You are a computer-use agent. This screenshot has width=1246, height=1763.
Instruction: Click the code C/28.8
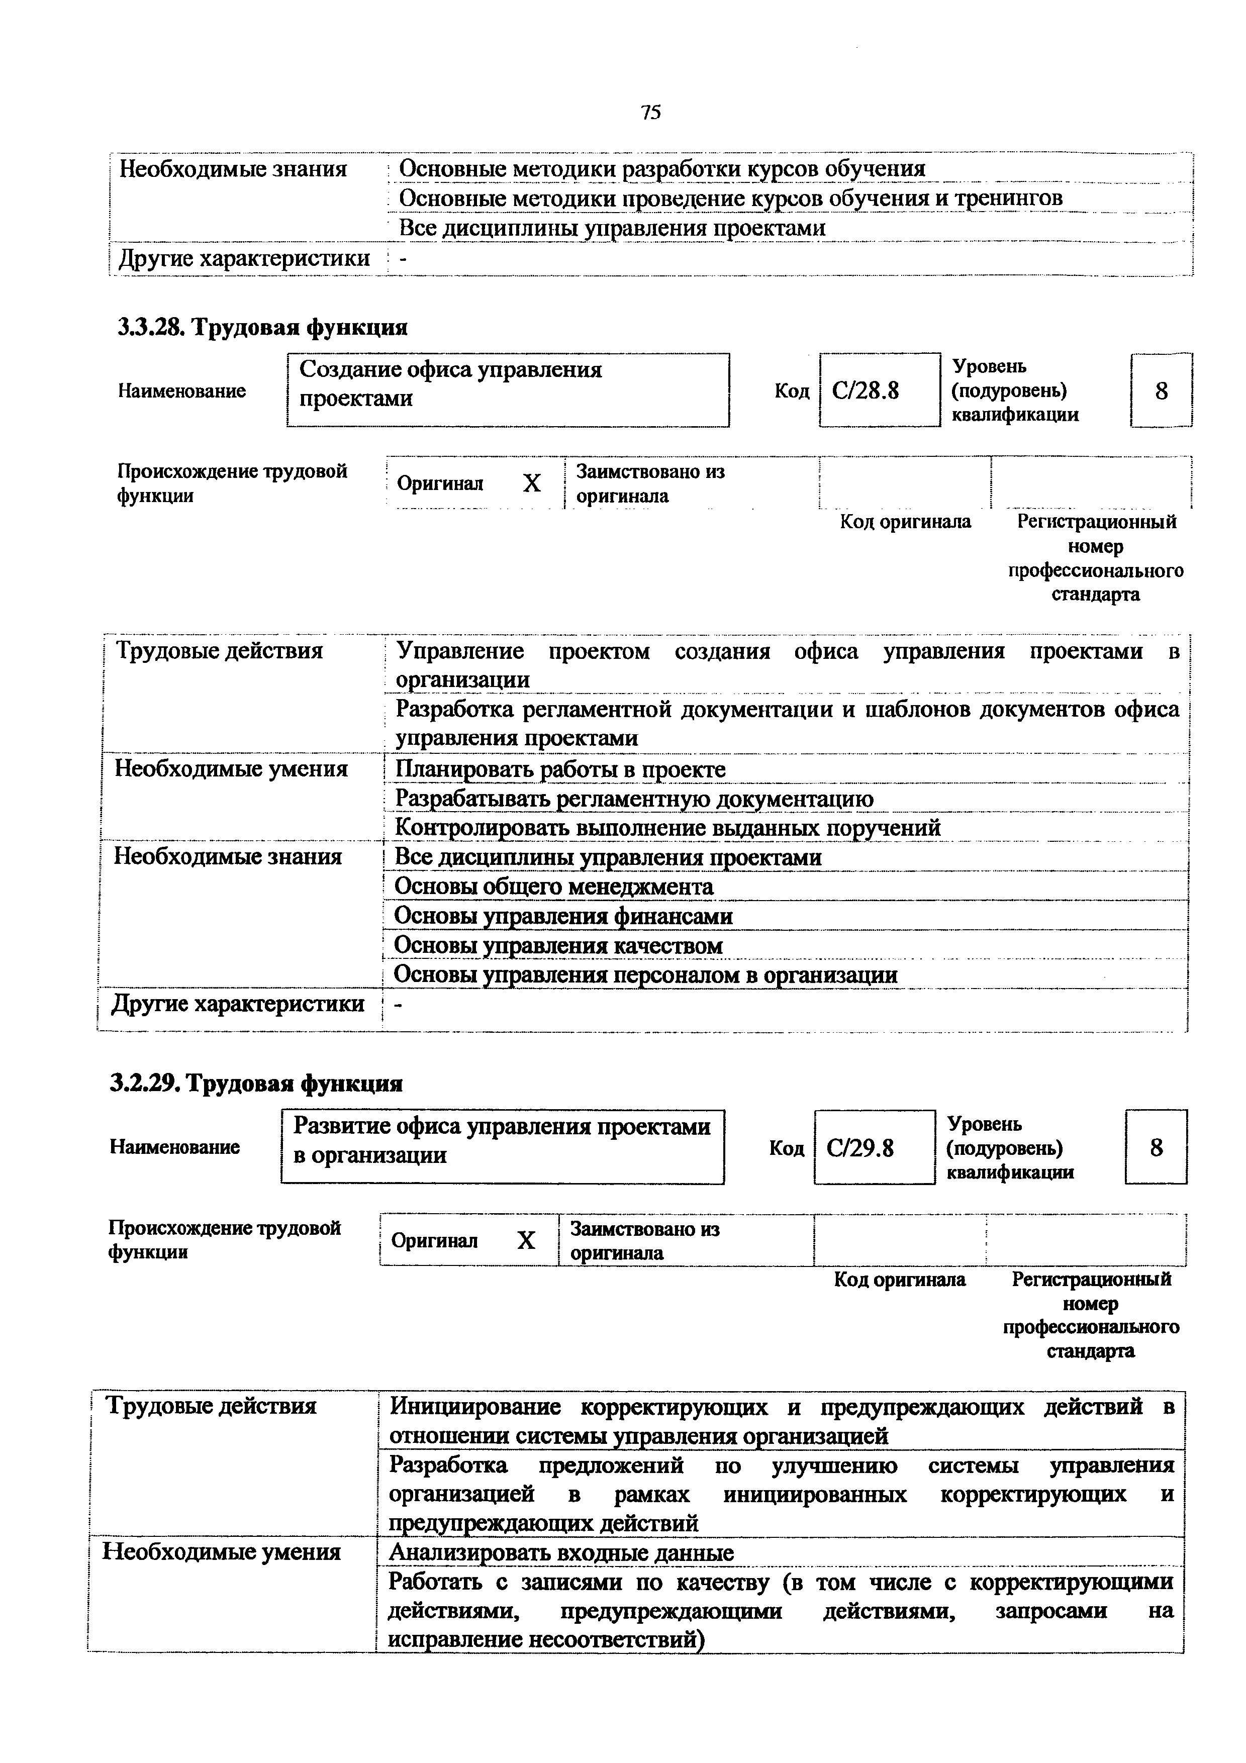pos(865,391)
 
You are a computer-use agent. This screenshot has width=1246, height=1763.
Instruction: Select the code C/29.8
pos(860,1148)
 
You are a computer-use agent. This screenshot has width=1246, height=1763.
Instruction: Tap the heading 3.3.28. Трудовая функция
pos(262,328)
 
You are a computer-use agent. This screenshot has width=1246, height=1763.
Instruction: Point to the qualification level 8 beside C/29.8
pos(1156,1148)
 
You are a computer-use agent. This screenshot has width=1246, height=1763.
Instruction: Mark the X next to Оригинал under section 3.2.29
pos(525,1241)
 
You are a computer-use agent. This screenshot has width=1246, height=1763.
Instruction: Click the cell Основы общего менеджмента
pos(553,887)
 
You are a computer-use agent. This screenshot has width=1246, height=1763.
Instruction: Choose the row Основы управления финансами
pos(563,916)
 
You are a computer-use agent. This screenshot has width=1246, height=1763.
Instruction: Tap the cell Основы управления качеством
pos(558,946)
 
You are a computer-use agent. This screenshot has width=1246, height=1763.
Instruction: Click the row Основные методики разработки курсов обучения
pos(662,168)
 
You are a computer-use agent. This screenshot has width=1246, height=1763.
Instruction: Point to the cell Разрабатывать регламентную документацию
pos(634,800)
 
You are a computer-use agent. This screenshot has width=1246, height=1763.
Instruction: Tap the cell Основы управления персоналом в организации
pos(645,975)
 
